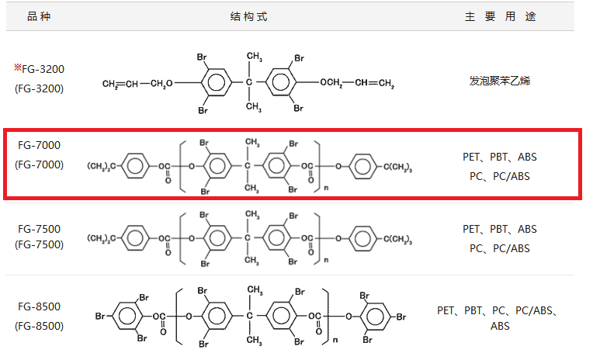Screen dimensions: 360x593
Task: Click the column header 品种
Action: coord(39,16)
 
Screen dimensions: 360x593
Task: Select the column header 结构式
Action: coord(249,16)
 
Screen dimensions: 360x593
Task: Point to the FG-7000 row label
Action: coord(39,145)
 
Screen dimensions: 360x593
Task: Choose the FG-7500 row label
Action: coord(39,229)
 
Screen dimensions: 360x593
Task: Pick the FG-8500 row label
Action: coord(39,306)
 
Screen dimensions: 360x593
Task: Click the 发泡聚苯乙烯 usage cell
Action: coord(499,80)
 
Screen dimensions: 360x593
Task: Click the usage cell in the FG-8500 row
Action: coord(499,318)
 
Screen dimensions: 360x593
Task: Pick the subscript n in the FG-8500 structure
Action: coord(335,340)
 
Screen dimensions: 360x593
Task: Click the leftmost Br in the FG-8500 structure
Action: coord(100,317)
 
